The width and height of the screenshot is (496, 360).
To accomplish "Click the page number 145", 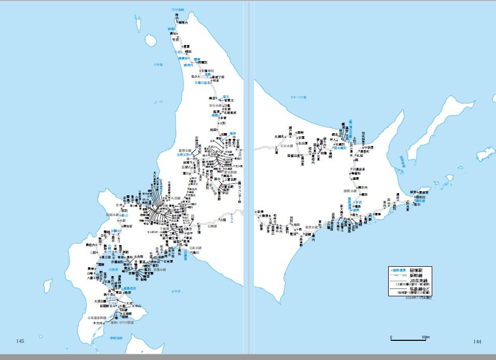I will click(x=21, y=341).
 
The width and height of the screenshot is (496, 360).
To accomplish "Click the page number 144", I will click(x=477, y=341).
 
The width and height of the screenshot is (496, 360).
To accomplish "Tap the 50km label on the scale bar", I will click(x=426, y=337).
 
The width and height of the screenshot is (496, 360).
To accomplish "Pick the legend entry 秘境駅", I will click(x=417, y=270).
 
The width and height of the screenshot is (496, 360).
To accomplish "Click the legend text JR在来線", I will click(x=417, y=281).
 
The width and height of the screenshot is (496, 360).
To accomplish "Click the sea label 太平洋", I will click(x=175, y=292).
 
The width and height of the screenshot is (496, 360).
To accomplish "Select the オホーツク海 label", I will click(x=299, y=97).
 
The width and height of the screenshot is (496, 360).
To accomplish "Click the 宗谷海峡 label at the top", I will click(x=179, y=10).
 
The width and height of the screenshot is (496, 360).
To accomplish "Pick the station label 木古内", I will click(x=98, y=323).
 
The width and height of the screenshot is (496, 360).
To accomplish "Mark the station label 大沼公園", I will click(x=99, y=301).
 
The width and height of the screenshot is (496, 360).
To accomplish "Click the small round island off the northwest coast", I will click(x=151, y=40).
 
